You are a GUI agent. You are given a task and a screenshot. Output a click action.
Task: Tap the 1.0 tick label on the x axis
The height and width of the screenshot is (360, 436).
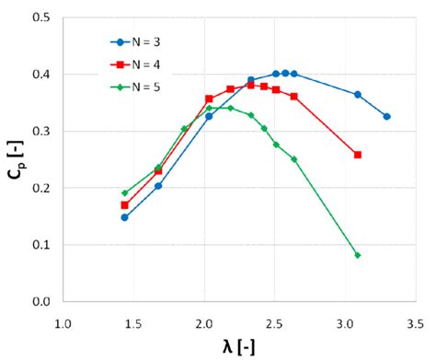click(63, 324)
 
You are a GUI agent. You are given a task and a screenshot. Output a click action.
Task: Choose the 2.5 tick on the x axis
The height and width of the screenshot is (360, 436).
click(274, 324)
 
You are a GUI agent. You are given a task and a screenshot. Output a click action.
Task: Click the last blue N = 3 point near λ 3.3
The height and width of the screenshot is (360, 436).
click(386, 117)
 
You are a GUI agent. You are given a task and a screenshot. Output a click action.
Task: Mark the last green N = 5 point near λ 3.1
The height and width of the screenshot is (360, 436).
click(358, 255)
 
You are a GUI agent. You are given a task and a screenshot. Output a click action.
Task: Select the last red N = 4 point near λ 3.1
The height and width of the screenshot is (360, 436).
click(358, 155)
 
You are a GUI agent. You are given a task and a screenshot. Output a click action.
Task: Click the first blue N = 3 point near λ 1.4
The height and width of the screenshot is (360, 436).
click(124, 217)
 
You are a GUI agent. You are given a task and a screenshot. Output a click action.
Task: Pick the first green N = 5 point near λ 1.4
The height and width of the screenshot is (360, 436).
click(124, 193)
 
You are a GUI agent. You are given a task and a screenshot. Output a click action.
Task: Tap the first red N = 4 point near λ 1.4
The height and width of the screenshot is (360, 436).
click(124, 205)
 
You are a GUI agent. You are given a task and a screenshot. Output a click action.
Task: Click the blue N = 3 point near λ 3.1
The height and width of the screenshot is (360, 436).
click(358, 95)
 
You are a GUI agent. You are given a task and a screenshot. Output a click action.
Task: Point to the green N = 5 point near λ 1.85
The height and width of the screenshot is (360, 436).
click(184, 129)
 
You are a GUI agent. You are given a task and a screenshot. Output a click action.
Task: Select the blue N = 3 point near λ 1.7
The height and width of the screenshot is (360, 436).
click(158, 186)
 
